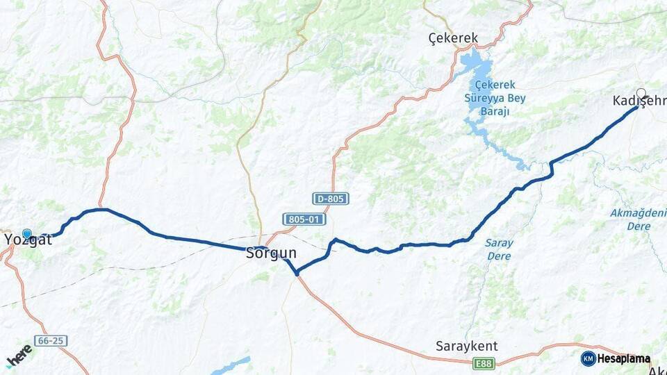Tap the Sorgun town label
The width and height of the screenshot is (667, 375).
pos(271,254)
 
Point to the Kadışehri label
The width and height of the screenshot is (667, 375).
pos(639,101)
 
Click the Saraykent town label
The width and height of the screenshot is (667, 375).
pos(466,346)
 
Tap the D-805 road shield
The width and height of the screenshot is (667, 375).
pos(330,199)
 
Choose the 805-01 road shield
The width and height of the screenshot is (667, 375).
pos(304,219)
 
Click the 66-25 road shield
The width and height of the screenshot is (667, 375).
pos(52,341)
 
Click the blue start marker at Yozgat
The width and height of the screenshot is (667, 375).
pos(27,234)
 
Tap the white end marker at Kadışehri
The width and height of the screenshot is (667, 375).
pos(641,92)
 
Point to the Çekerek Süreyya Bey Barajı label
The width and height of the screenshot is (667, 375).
pos(496,98)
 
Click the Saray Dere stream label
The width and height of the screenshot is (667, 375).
pos(499,249)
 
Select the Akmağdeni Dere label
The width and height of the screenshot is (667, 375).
pos(638,219)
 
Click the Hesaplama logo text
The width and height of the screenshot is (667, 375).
pos(624,358)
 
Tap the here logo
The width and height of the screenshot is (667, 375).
pos(19,356)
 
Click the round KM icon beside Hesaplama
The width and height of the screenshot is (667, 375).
pos(588,358)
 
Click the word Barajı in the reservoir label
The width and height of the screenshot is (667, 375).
pos(496,111)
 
